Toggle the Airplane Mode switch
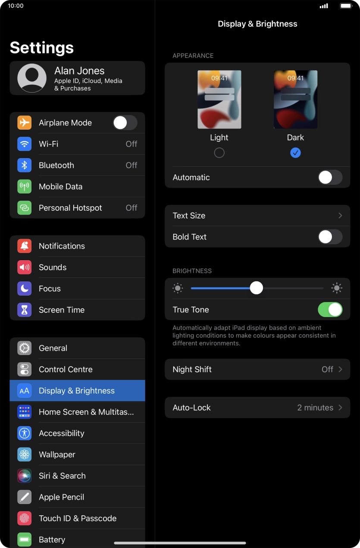tap(125, 123)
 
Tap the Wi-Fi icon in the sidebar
tap(25, 144)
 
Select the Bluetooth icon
tap(25, 165)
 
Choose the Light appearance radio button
tap(219, 153)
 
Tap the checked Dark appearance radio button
tap(295, 153)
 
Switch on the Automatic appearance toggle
tap(330, 177)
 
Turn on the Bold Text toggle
tap(330, 237)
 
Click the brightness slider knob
tap(257, 288)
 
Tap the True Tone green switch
tap(330, 310)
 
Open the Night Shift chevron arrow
tap(341, 369)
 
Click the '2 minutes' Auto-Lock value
tap(315, 408)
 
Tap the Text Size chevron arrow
tap(341, 215)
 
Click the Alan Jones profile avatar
tap(32, 78)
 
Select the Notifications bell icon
tap(25, 246)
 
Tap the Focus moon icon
tap(25, 289)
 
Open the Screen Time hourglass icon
tap(25, 310)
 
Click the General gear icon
tap(25, 348)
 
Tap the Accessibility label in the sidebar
tap(62, 433)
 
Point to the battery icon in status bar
tap(346, 6)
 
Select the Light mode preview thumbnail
tap(219, 100)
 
